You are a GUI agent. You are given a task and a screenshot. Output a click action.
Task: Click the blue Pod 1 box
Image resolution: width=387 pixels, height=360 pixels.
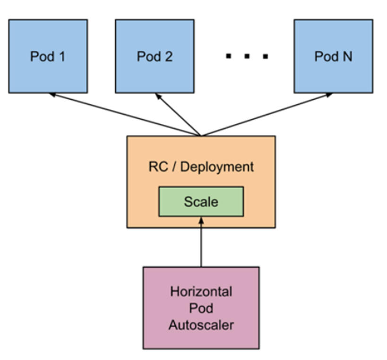point(48,56)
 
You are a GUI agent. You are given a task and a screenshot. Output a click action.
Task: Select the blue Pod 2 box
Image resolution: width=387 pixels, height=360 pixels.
point(155,56)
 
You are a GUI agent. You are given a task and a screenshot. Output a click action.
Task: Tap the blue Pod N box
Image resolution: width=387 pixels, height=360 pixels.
point(333,56)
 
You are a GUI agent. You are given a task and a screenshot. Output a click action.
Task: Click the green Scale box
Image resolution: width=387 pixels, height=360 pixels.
point(201,202)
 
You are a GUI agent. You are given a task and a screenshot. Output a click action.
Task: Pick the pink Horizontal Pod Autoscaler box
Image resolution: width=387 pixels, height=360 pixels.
point(201,307)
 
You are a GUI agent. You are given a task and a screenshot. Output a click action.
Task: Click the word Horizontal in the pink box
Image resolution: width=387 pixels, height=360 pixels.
point(201,291)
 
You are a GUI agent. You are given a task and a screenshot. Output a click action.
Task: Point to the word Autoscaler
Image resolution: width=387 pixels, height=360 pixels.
point(201,325)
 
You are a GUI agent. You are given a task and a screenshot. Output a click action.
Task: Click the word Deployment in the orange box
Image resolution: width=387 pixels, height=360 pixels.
point(218,167)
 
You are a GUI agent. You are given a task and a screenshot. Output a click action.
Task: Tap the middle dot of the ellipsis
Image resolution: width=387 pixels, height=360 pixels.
point(246,57)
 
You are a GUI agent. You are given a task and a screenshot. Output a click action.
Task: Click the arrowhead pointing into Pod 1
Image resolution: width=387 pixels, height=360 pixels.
point(52,95)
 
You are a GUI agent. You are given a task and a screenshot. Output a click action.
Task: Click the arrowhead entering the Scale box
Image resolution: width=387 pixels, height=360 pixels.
point(201,220)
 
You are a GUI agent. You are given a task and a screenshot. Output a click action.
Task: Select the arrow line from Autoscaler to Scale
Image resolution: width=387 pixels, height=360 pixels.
point(201,244)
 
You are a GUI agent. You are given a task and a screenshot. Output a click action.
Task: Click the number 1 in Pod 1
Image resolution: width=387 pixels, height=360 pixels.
point(61,56)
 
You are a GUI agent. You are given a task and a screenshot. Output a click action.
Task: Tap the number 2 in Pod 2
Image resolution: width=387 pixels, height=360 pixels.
point(168,56)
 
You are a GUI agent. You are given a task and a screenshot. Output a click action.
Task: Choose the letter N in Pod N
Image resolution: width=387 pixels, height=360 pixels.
point(347,56)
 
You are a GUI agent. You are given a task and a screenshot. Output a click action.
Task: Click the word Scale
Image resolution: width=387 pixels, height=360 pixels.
point(201,202)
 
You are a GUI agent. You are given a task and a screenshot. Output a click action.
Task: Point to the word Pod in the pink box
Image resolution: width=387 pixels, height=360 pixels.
point(201,308)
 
